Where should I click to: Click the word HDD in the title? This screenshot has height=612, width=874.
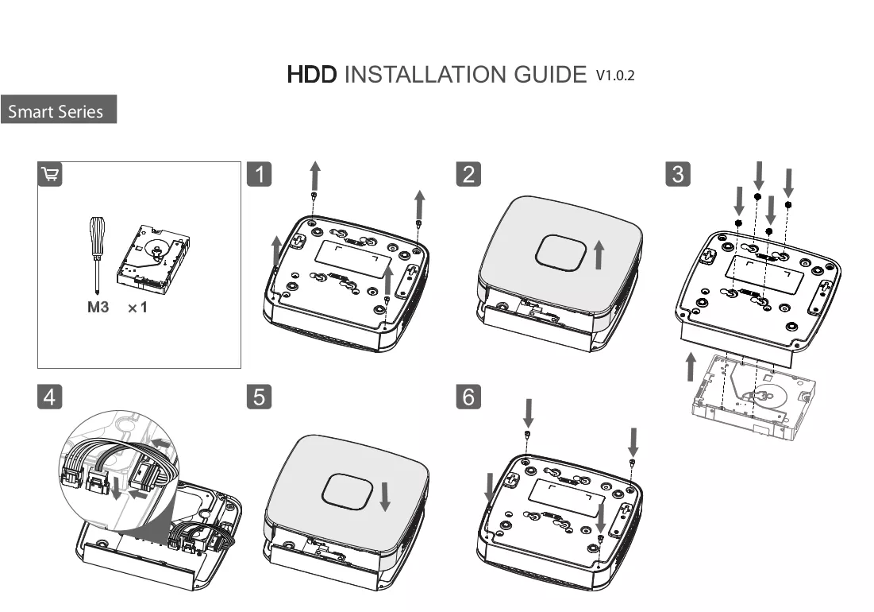312,75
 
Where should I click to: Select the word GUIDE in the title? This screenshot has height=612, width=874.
550,75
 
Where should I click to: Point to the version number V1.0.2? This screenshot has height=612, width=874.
615,76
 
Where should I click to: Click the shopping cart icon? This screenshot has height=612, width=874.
49,174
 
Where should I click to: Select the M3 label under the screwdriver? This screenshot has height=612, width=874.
98,307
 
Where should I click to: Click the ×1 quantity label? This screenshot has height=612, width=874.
137,308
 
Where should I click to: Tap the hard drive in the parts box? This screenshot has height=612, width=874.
153,258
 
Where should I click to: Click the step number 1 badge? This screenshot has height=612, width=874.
260,174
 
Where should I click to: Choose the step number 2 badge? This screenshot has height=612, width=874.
468,174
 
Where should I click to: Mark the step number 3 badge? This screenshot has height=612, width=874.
678,174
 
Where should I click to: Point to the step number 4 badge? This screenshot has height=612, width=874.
49,397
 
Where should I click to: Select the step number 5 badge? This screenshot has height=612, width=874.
260,397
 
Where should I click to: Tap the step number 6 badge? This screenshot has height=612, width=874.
468,397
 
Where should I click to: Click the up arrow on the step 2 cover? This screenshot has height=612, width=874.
599,254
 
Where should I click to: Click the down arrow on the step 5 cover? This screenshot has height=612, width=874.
385,497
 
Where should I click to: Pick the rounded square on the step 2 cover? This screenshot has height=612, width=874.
560,253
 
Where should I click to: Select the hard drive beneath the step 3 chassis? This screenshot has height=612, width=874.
753,397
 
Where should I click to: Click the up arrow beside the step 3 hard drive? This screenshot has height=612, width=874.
691,367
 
